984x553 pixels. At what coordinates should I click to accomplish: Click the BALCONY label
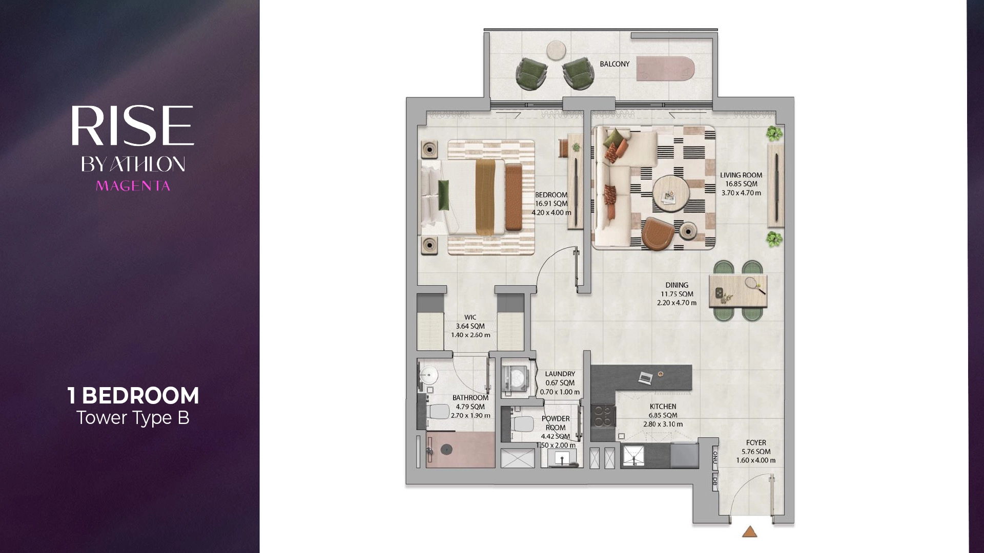tap(614, 64)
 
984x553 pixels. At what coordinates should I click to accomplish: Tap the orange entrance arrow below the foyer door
tap(750, 532)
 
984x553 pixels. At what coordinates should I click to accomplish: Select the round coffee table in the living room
tap(671, 194)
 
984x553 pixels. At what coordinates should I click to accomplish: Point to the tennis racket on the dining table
tap(755, 285)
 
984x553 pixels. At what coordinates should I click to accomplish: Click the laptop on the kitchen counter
tap(645, 378)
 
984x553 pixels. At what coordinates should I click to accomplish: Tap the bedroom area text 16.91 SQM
tap(551, 204)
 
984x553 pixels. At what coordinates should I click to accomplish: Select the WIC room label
tap(470, 317)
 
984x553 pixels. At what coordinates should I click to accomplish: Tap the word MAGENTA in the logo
tap(133, 186)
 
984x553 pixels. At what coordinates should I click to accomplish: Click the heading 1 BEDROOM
tap(133, 395)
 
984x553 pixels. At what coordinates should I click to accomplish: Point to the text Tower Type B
tap(133, 418)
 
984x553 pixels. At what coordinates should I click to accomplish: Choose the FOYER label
tap(756, 443)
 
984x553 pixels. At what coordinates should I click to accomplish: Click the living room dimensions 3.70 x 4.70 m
tap(741, 193)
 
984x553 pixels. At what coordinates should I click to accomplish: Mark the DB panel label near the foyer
tap(715, 481)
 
